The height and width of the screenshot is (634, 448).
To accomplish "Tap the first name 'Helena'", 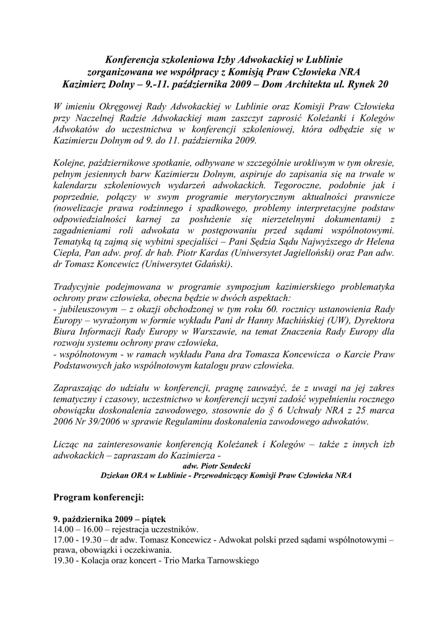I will point(379,241).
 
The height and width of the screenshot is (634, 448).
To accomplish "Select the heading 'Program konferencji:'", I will point(98,497).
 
